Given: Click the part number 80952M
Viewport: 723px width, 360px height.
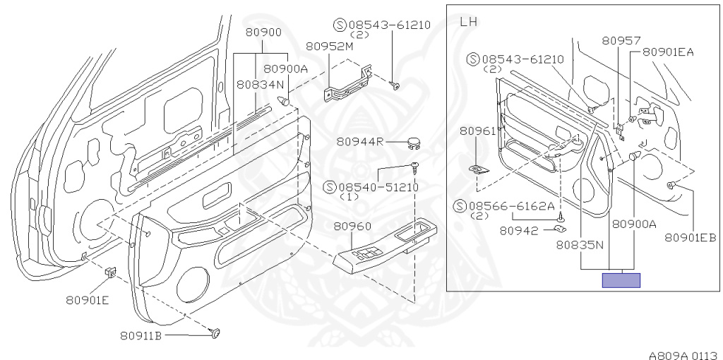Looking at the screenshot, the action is (329, 46).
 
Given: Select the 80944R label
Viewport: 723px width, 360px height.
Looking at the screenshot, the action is (359, 142).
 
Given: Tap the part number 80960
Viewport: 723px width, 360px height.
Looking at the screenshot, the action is (352, 227).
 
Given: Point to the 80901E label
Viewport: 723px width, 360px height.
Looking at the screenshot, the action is (88, 300).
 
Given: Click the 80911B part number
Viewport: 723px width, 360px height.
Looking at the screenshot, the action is (141, 335).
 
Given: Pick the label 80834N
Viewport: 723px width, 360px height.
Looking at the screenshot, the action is (260, 85).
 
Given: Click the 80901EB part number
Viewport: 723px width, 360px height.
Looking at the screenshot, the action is (691, 238).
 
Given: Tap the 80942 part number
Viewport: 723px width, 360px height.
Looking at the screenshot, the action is (519, 231).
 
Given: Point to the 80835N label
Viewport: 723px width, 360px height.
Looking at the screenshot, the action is (580, 245).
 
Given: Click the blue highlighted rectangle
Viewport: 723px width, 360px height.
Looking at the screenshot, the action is (621, 280).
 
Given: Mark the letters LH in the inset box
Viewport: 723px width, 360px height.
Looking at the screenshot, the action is (469, 22).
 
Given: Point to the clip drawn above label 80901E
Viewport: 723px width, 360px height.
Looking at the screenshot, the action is (111, 272).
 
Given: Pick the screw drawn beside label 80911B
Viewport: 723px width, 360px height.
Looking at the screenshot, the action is (215, 332).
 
